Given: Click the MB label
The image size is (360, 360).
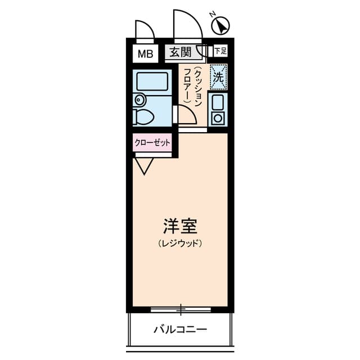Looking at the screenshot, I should pyautogui.click(x=145, y=54).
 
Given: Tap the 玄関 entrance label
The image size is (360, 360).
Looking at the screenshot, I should pyautogui.click(x=180, y=52).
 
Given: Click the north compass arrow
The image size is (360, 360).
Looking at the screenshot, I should pyautogui.click(x=222, y=25).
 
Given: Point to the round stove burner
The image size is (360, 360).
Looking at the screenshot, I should pyautogui.click(x=217, y=118).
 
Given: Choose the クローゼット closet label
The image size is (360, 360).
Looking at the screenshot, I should pyautogui.click(x=152, y=143).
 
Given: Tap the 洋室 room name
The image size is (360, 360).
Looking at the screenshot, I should pyautogui.click(x=180, y=227).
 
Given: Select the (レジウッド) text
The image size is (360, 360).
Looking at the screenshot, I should pyautogui.click(x=180, y=244).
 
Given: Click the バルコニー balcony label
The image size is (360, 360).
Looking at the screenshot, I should pyautogui.click(x=180, y=329).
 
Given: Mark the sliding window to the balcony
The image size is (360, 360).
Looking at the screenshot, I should pyautogui.click(x=181, y=309).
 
